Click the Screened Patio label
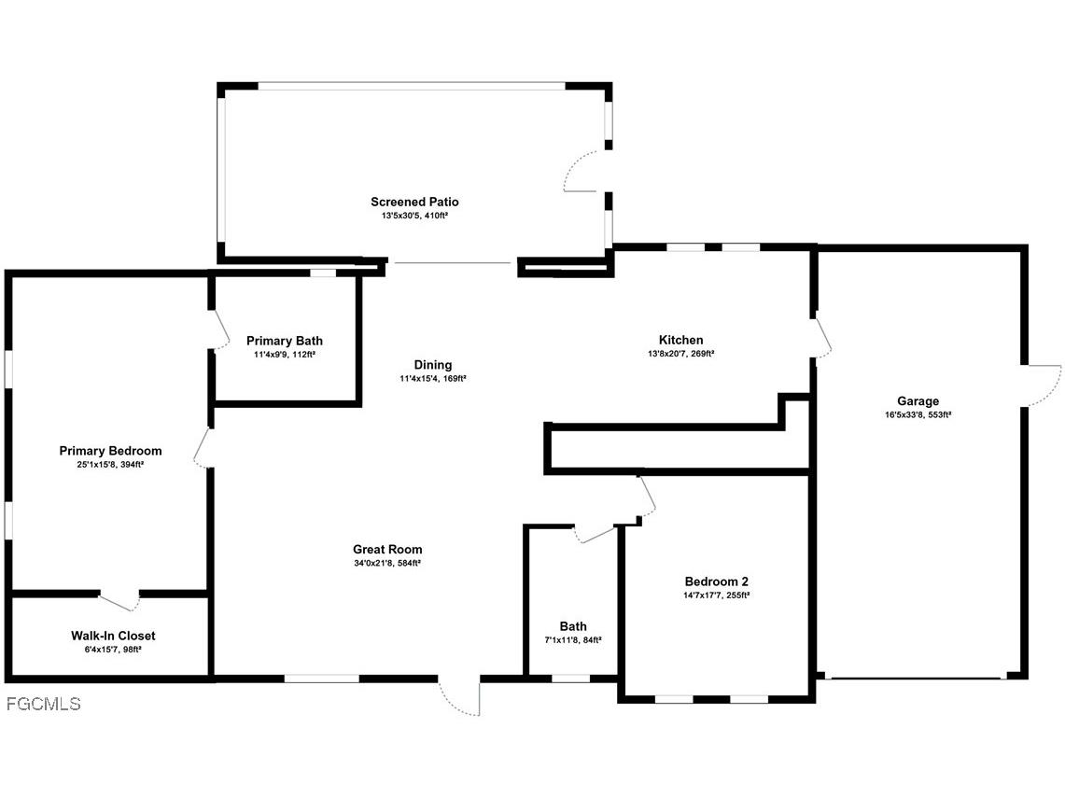point(414,202)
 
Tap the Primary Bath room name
point(285,341)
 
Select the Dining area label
point(433,365)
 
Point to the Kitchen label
point(681,340)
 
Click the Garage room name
point(918,401)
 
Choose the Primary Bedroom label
point(110,451)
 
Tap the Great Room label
point(387,550)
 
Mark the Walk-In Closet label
point(113,636)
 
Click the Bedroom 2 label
point(716,581)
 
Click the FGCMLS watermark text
point(43,704)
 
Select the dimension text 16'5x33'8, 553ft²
point(918,414)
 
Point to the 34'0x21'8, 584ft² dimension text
point(387,563)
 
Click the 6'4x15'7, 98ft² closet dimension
point(113,649)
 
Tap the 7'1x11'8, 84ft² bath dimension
point(573,639)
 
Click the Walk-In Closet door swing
point(119,601)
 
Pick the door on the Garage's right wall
point(1043,385)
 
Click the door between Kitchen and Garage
point(822,337)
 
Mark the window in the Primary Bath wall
point(323,273)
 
